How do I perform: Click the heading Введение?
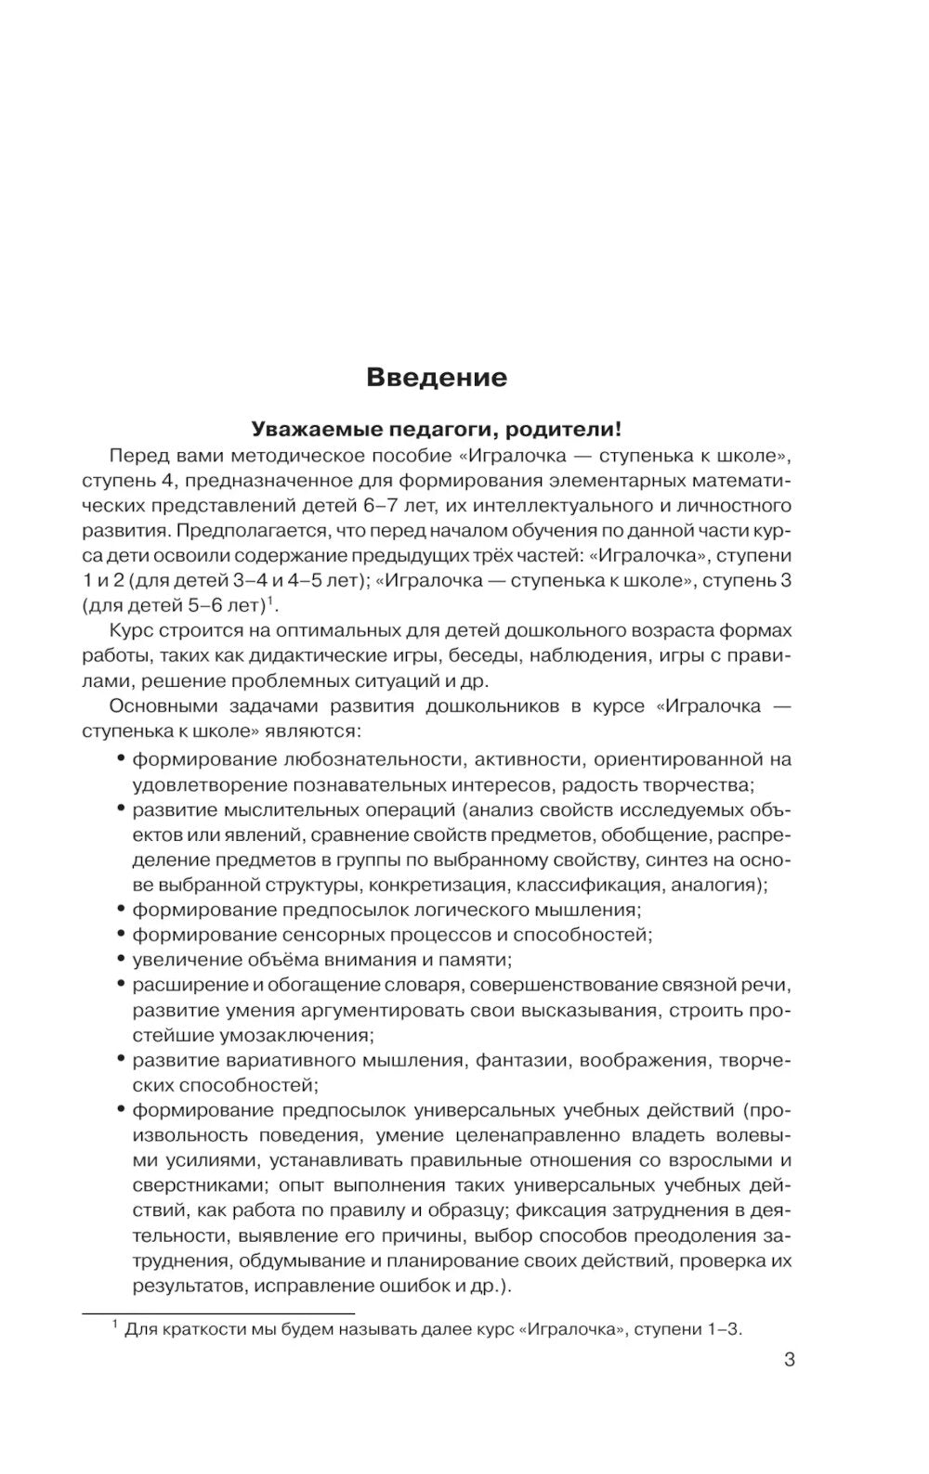pyautogui.click(x=437, y=378)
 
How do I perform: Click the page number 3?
pyautogui.click(x=789, y=1361)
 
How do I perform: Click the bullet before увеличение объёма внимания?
pyautogui.click(x=122, y=959)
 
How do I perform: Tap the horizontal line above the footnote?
pyautogui.click(x=219, y=1313)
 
